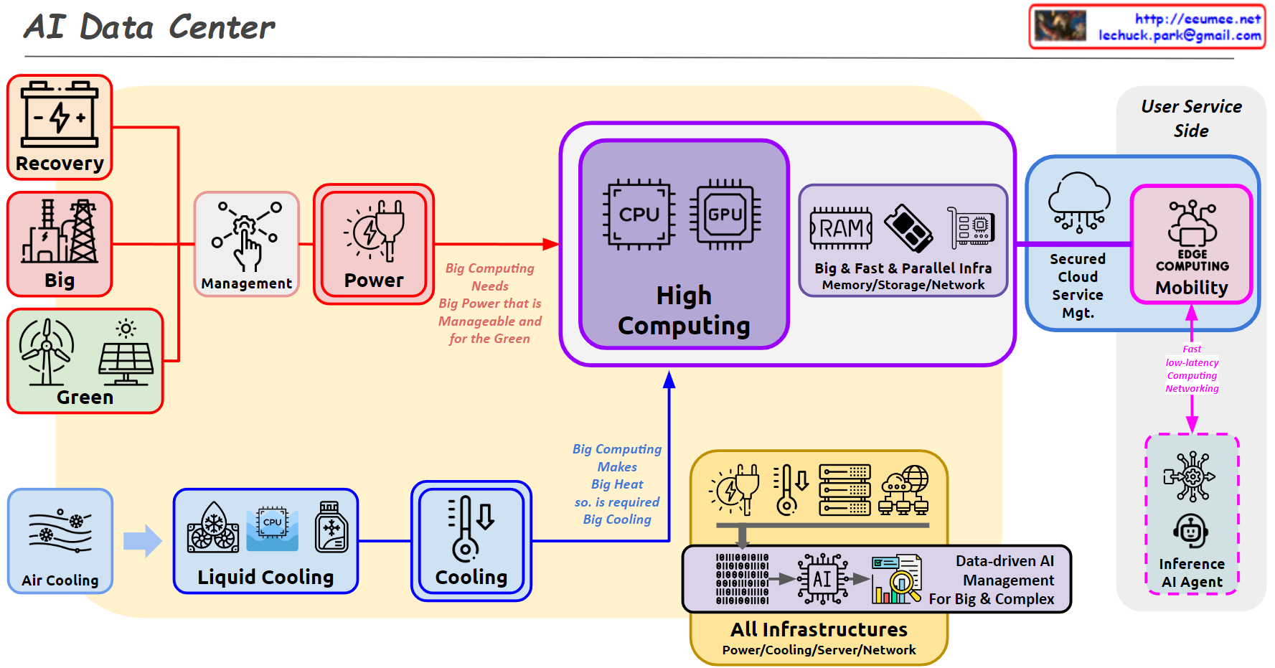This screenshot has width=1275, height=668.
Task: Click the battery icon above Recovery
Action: click(60, 115)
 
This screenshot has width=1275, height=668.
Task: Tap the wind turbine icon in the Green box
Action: click(46, 351)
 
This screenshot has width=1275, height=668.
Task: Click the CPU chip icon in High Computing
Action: click(639, 214)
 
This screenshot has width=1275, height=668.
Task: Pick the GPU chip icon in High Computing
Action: click(725, 214)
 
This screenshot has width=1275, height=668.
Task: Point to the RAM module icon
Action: click(841, 228)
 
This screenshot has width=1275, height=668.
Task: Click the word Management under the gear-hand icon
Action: click(246, 283)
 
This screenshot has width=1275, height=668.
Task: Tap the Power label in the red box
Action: click(374, 281)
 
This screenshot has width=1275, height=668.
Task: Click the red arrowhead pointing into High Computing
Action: click(551, 244)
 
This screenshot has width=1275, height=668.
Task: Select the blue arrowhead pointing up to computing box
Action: click(669, 380)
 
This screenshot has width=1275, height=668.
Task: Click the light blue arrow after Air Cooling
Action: click(142, 541)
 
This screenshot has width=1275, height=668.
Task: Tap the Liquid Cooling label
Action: click(265, 578)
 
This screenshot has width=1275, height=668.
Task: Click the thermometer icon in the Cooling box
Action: click(464, 530)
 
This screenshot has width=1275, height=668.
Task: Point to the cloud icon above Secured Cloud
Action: click(1078, 201)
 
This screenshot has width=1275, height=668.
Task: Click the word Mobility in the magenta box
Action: click(1191, 288)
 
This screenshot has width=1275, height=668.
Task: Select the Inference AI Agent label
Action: click(1191, 573)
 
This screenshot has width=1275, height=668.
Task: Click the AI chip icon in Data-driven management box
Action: click(822, 578)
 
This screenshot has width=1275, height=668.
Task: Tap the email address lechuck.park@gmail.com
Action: click(1179, 35)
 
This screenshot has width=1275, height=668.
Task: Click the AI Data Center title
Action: click(149, 27)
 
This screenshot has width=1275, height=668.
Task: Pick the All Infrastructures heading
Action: click(819, 630)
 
